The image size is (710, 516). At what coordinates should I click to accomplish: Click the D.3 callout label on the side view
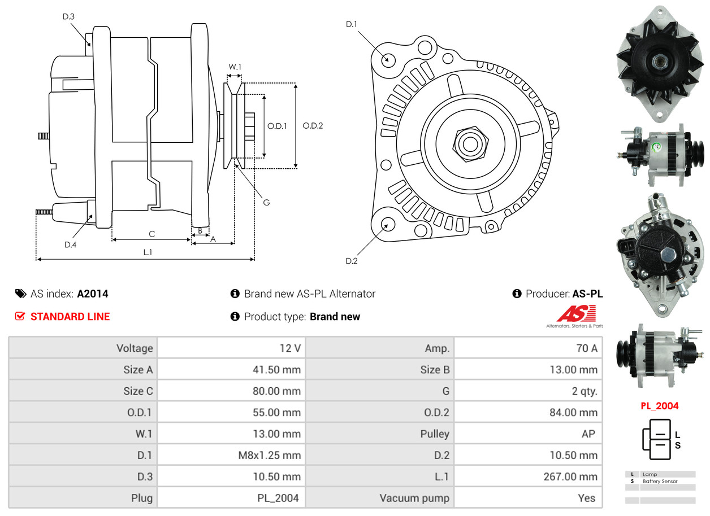tap(68, 17)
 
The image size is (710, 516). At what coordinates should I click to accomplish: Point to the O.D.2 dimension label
tap(313, 126)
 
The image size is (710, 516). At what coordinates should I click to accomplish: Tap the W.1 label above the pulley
tap(235, 67)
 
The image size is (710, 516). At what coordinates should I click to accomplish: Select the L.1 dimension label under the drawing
tap(147, 252)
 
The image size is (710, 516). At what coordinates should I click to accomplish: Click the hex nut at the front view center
tap(469, 143)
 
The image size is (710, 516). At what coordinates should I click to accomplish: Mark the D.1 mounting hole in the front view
tap(388, 59)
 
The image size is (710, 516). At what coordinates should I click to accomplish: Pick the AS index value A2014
tap(93, 294)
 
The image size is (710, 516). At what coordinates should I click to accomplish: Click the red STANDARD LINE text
tap(70, 317)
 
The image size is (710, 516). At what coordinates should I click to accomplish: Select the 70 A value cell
tap(586, 348)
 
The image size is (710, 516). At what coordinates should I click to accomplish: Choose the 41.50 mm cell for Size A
tap(276, 370)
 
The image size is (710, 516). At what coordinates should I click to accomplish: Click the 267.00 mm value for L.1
tap(570, 476)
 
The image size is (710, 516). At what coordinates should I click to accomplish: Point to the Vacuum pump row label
tap(414, 498)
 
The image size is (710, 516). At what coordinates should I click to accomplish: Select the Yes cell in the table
tap(587, 498)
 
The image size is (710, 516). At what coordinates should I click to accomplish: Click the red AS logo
tap(576, 313)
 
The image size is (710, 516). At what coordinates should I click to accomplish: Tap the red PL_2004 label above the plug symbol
tap(659, 406)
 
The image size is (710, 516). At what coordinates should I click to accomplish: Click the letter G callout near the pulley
tap(266, 202)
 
